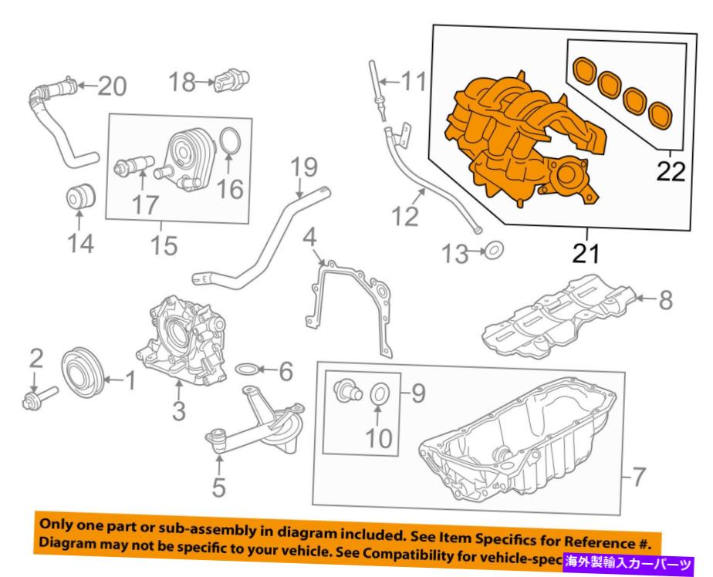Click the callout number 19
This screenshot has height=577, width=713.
[304, 167]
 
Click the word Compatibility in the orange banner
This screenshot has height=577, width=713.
[456, 557]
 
